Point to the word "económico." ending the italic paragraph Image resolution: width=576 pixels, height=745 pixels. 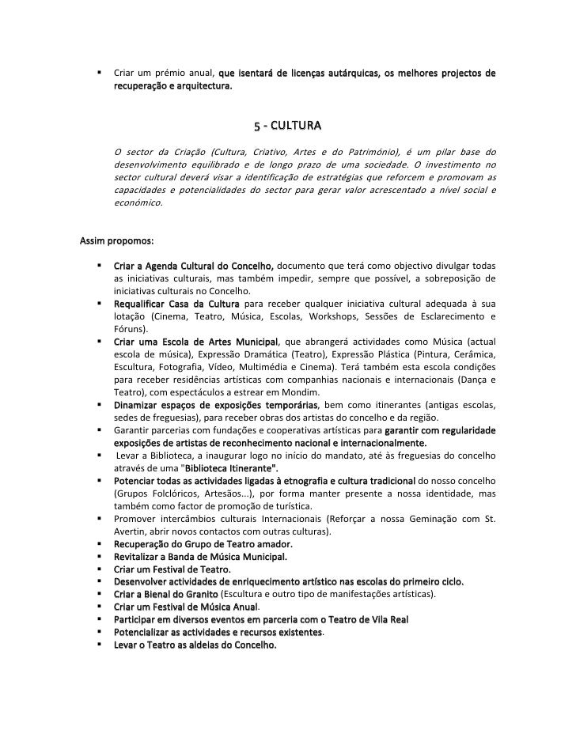(x=138, y=202)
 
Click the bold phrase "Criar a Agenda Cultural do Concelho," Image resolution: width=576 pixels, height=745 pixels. (x=194, y=265)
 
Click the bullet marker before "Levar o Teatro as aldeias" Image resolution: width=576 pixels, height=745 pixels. (x=100, y=645)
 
